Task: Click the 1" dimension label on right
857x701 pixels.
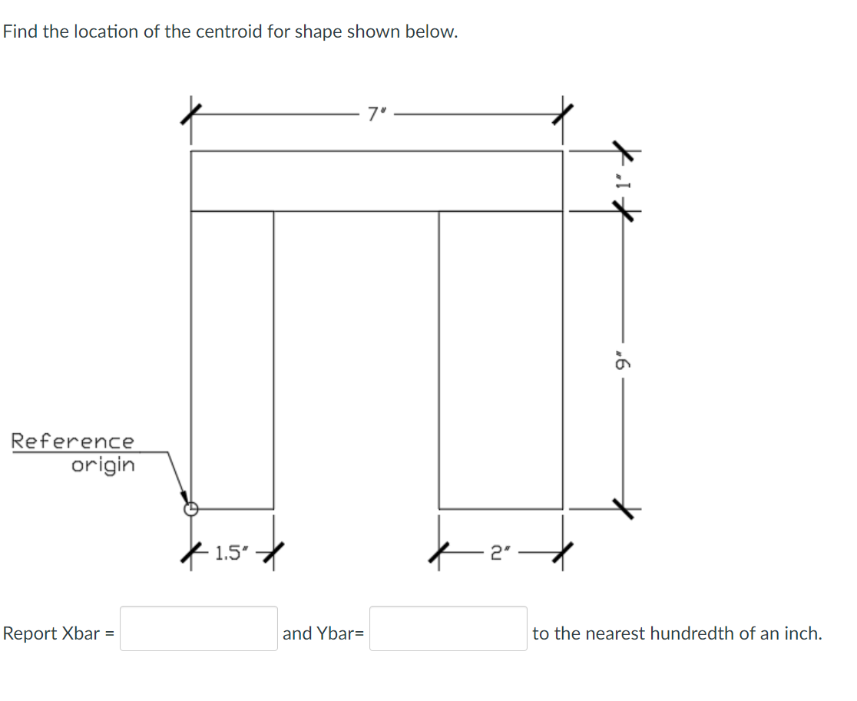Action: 626,181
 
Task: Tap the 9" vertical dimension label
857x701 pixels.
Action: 625,359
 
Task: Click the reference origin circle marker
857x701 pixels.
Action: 191,508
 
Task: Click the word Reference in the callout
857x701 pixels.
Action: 72,441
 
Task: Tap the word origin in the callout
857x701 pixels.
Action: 102,465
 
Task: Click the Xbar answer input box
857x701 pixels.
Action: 198,629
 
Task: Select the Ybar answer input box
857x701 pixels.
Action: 448,629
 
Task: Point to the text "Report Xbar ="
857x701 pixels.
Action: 58,633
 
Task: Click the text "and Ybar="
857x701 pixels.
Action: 323,633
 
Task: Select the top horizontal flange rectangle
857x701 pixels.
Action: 376,180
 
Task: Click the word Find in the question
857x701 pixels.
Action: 20,32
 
